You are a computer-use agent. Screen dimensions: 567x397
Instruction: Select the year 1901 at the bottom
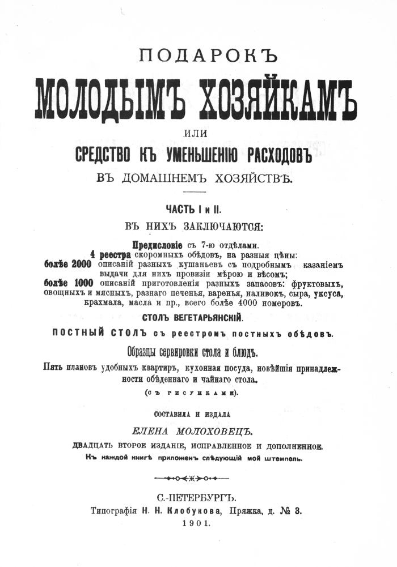pyautogui.click(x=196, y=524)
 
